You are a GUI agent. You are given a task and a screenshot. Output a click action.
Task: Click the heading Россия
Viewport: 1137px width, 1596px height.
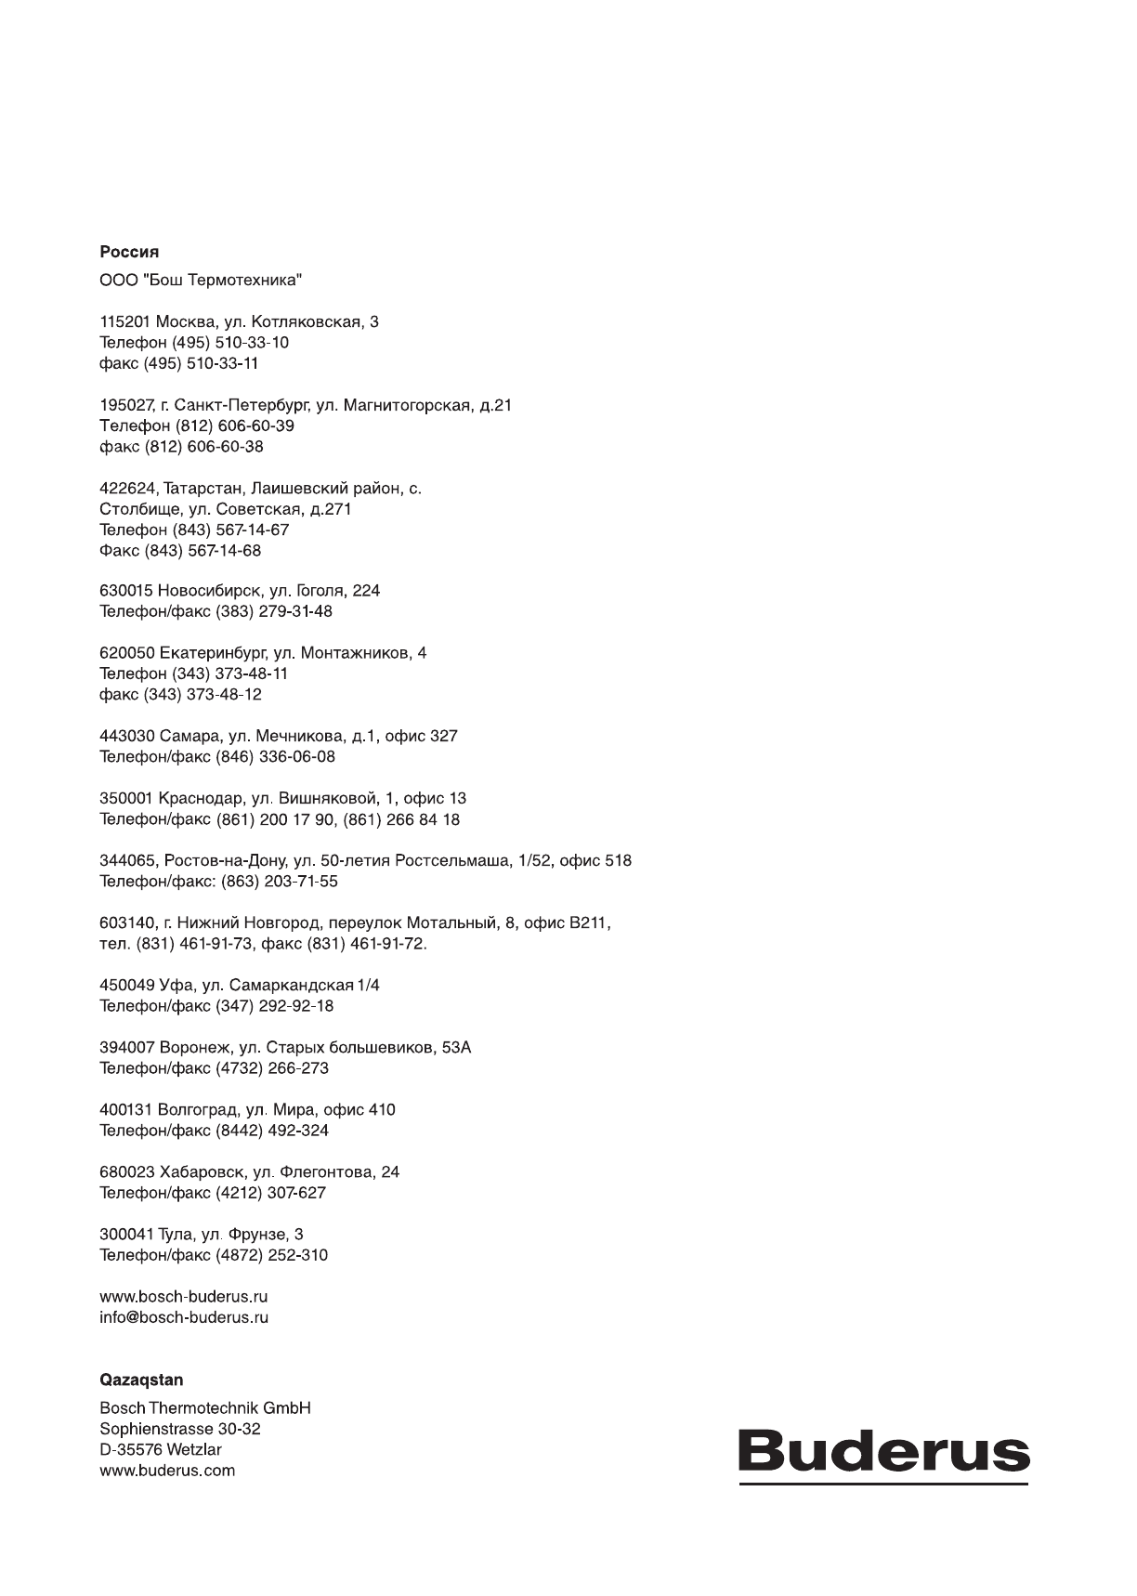[x=129, y=252]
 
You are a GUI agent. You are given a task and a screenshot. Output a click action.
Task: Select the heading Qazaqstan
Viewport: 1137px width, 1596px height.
[x=141, y=1380]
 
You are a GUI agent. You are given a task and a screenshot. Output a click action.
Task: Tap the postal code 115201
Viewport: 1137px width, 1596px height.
[x=125, y=322]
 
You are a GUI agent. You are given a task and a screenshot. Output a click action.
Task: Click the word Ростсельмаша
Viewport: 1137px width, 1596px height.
[x=453, y=861]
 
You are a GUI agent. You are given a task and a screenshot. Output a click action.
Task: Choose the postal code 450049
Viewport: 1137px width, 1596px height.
[x=125, y=986]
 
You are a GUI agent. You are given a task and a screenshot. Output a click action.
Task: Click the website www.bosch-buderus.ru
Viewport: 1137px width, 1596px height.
[x=184, y=1297]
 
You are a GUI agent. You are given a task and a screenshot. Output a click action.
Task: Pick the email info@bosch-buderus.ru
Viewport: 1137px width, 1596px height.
[x=184, y=1317]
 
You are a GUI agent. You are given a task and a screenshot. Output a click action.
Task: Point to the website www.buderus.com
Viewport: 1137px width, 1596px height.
[x=167, y=1471]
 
